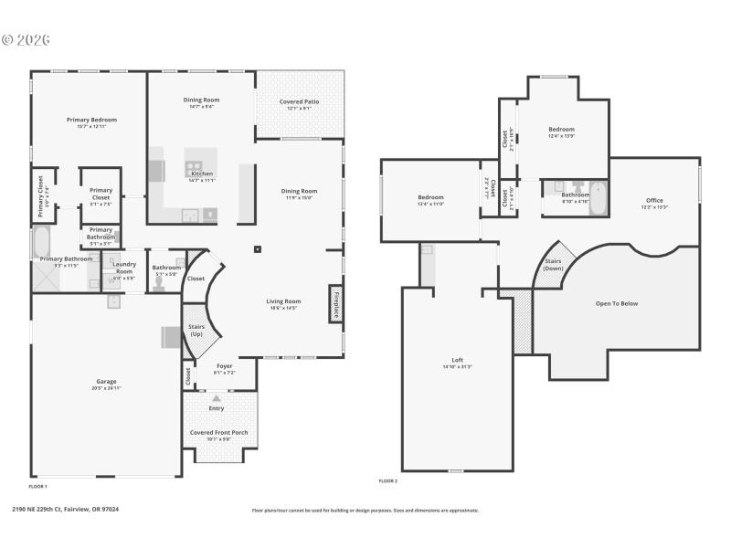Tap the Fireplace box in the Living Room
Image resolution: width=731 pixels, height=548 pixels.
coord(335,304)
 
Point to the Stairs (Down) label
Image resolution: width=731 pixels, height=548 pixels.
coord(553,264)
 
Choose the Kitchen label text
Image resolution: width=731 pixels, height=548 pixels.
coord(202,174)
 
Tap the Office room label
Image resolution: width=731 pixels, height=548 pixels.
coord(654,200)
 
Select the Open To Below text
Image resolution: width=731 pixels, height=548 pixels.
coord(617,303)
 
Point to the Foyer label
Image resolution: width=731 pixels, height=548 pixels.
coord(224,365)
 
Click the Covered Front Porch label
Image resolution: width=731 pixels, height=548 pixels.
coord(218,432)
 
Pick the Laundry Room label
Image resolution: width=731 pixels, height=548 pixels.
coord(123,268)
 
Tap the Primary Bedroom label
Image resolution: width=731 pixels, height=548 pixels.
coord(91,120)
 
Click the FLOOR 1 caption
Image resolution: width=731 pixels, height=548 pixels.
coord(38,487)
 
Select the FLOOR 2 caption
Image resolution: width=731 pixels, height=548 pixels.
coord(388,480)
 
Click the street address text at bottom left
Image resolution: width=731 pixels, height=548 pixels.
coord(66,510)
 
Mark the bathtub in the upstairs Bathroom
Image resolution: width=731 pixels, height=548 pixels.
coord(597,198)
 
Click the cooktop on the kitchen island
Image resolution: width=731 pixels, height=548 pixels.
coord(195,167)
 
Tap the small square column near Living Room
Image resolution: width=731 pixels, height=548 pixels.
coord(259,248)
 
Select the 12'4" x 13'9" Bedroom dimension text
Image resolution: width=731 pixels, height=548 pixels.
coord(561,136)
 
